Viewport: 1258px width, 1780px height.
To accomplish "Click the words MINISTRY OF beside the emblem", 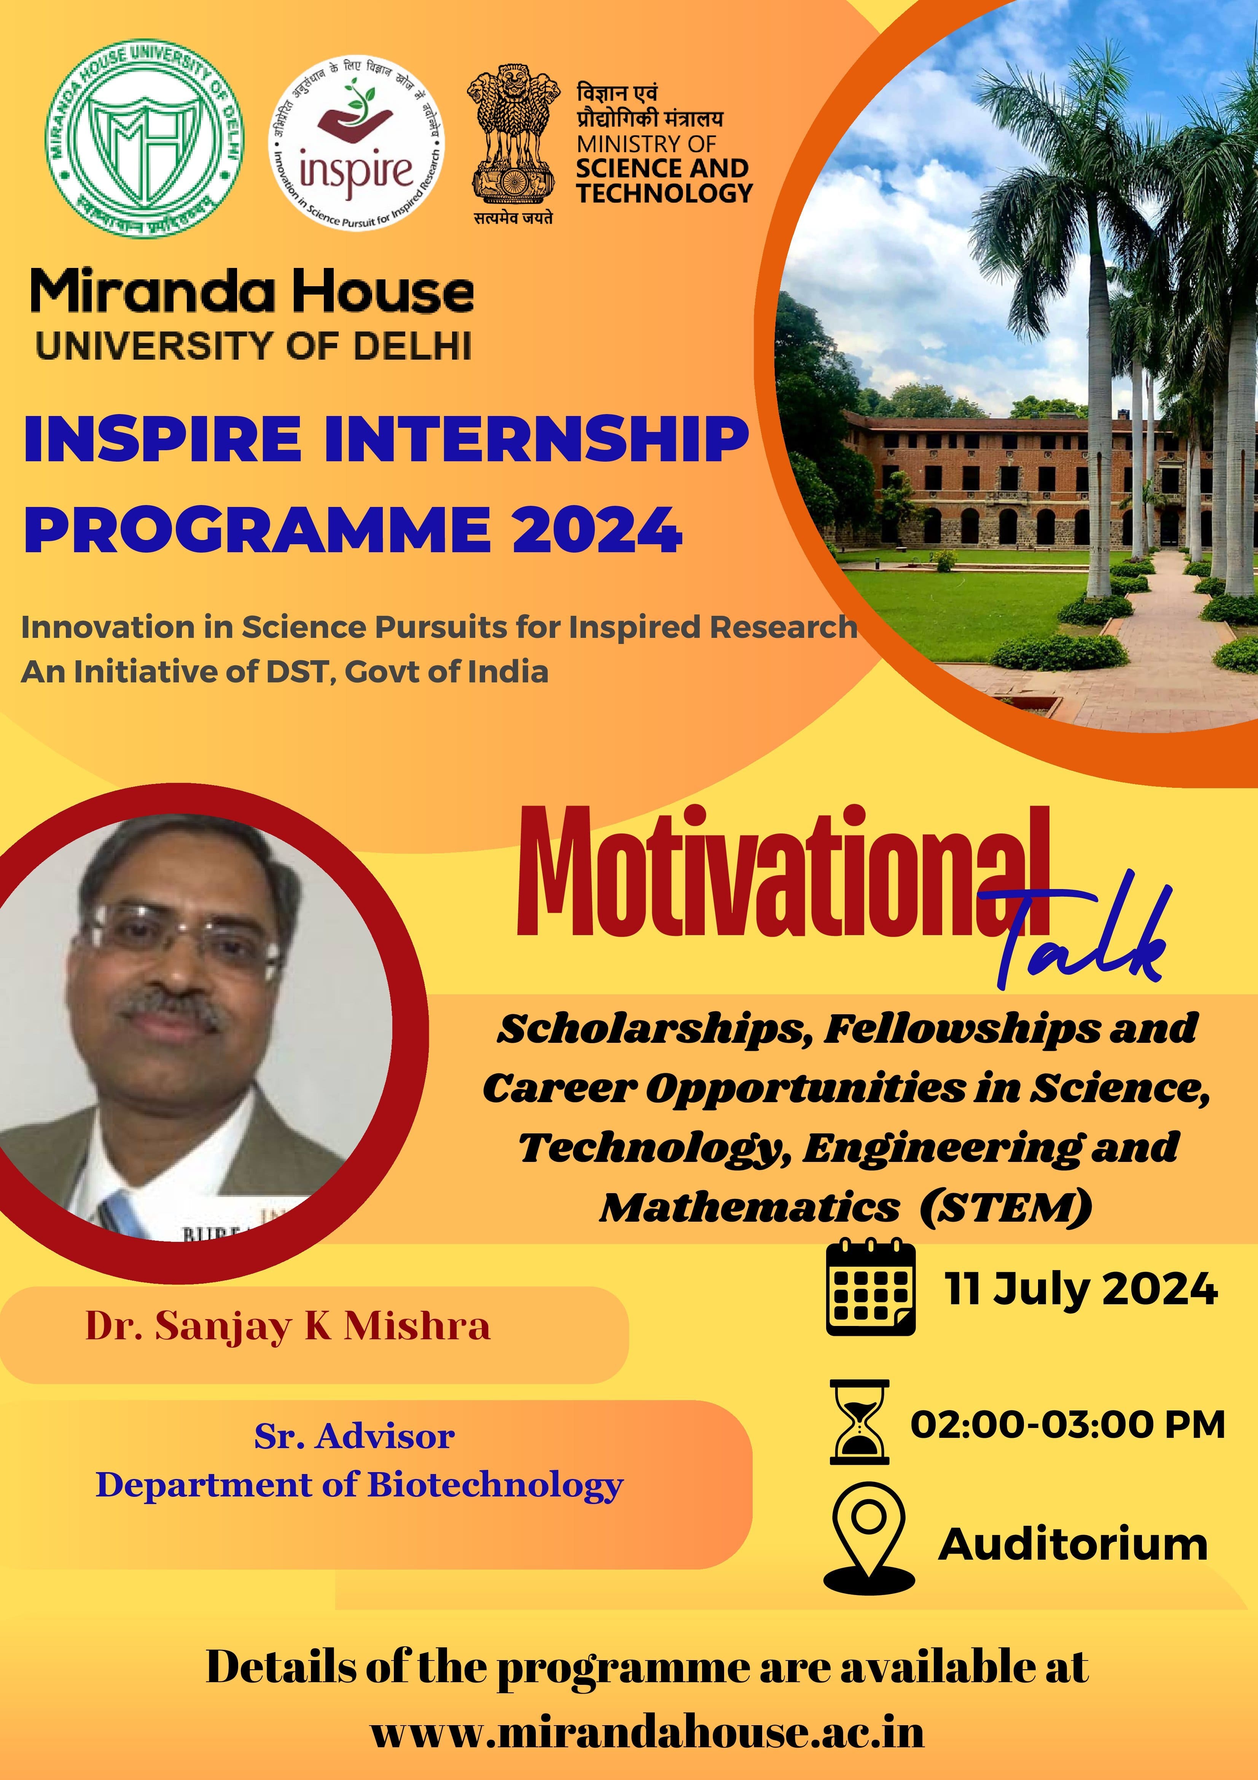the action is tap(646, 144).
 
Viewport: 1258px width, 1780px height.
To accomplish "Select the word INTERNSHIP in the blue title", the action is tap(537, 439).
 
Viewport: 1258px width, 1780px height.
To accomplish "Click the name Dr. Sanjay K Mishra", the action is tap(288, 1326).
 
